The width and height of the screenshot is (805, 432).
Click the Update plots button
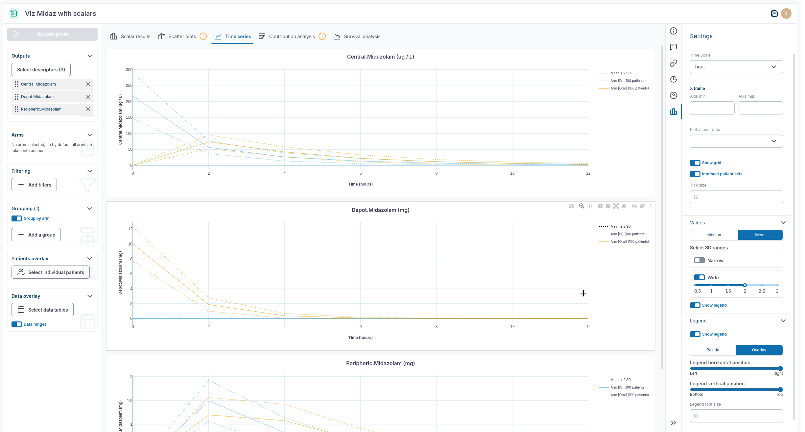point(52,34)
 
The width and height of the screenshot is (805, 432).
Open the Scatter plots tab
point(182,37)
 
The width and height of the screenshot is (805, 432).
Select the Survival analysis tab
point(362,37)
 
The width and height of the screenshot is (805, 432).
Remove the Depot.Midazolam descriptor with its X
point(88,97)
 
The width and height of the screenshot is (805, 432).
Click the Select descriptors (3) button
point(41,70)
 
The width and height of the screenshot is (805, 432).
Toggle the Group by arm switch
point(17,218)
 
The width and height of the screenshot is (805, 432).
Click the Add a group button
point(36,235)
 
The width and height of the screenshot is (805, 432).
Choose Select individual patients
point(51,272)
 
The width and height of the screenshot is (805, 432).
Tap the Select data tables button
point(42,310)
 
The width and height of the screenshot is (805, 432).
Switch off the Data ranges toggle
point(17,324)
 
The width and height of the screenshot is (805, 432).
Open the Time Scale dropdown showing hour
point(736,67)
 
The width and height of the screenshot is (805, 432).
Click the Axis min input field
point(712,108)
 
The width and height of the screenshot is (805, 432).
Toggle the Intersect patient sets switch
point(695,174)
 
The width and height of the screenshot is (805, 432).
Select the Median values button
point(714,235)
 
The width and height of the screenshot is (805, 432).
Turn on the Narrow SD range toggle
point(699,261)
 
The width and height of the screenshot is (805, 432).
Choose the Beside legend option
point(713,350)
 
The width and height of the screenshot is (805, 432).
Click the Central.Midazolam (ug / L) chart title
point(380,57)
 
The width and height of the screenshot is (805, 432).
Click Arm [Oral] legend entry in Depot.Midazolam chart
point(629,242)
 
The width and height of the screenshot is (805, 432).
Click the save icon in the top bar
point(774,13)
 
